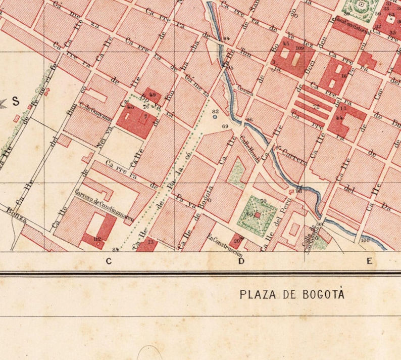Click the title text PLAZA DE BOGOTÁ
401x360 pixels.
[x=292, y=294]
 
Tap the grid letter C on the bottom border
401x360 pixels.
[x=108, y=261]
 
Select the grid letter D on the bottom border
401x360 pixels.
[x=241, y=261]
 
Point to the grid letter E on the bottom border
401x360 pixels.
[x=370, y=261]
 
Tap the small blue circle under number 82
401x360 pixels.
[x=215, y=117]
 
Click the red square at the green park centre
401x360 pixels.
[x=257, y=215]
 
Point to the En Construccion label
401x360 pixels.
[x=225, y=246]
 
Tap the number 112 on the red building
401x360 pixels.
[x=97, y=239]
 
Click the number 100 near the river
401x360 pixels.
[x=365, y=241]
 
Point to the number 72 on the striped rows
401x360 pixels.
[x=316, y=107]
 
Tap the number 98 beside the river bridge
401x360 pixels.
[x=299, y=191]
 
